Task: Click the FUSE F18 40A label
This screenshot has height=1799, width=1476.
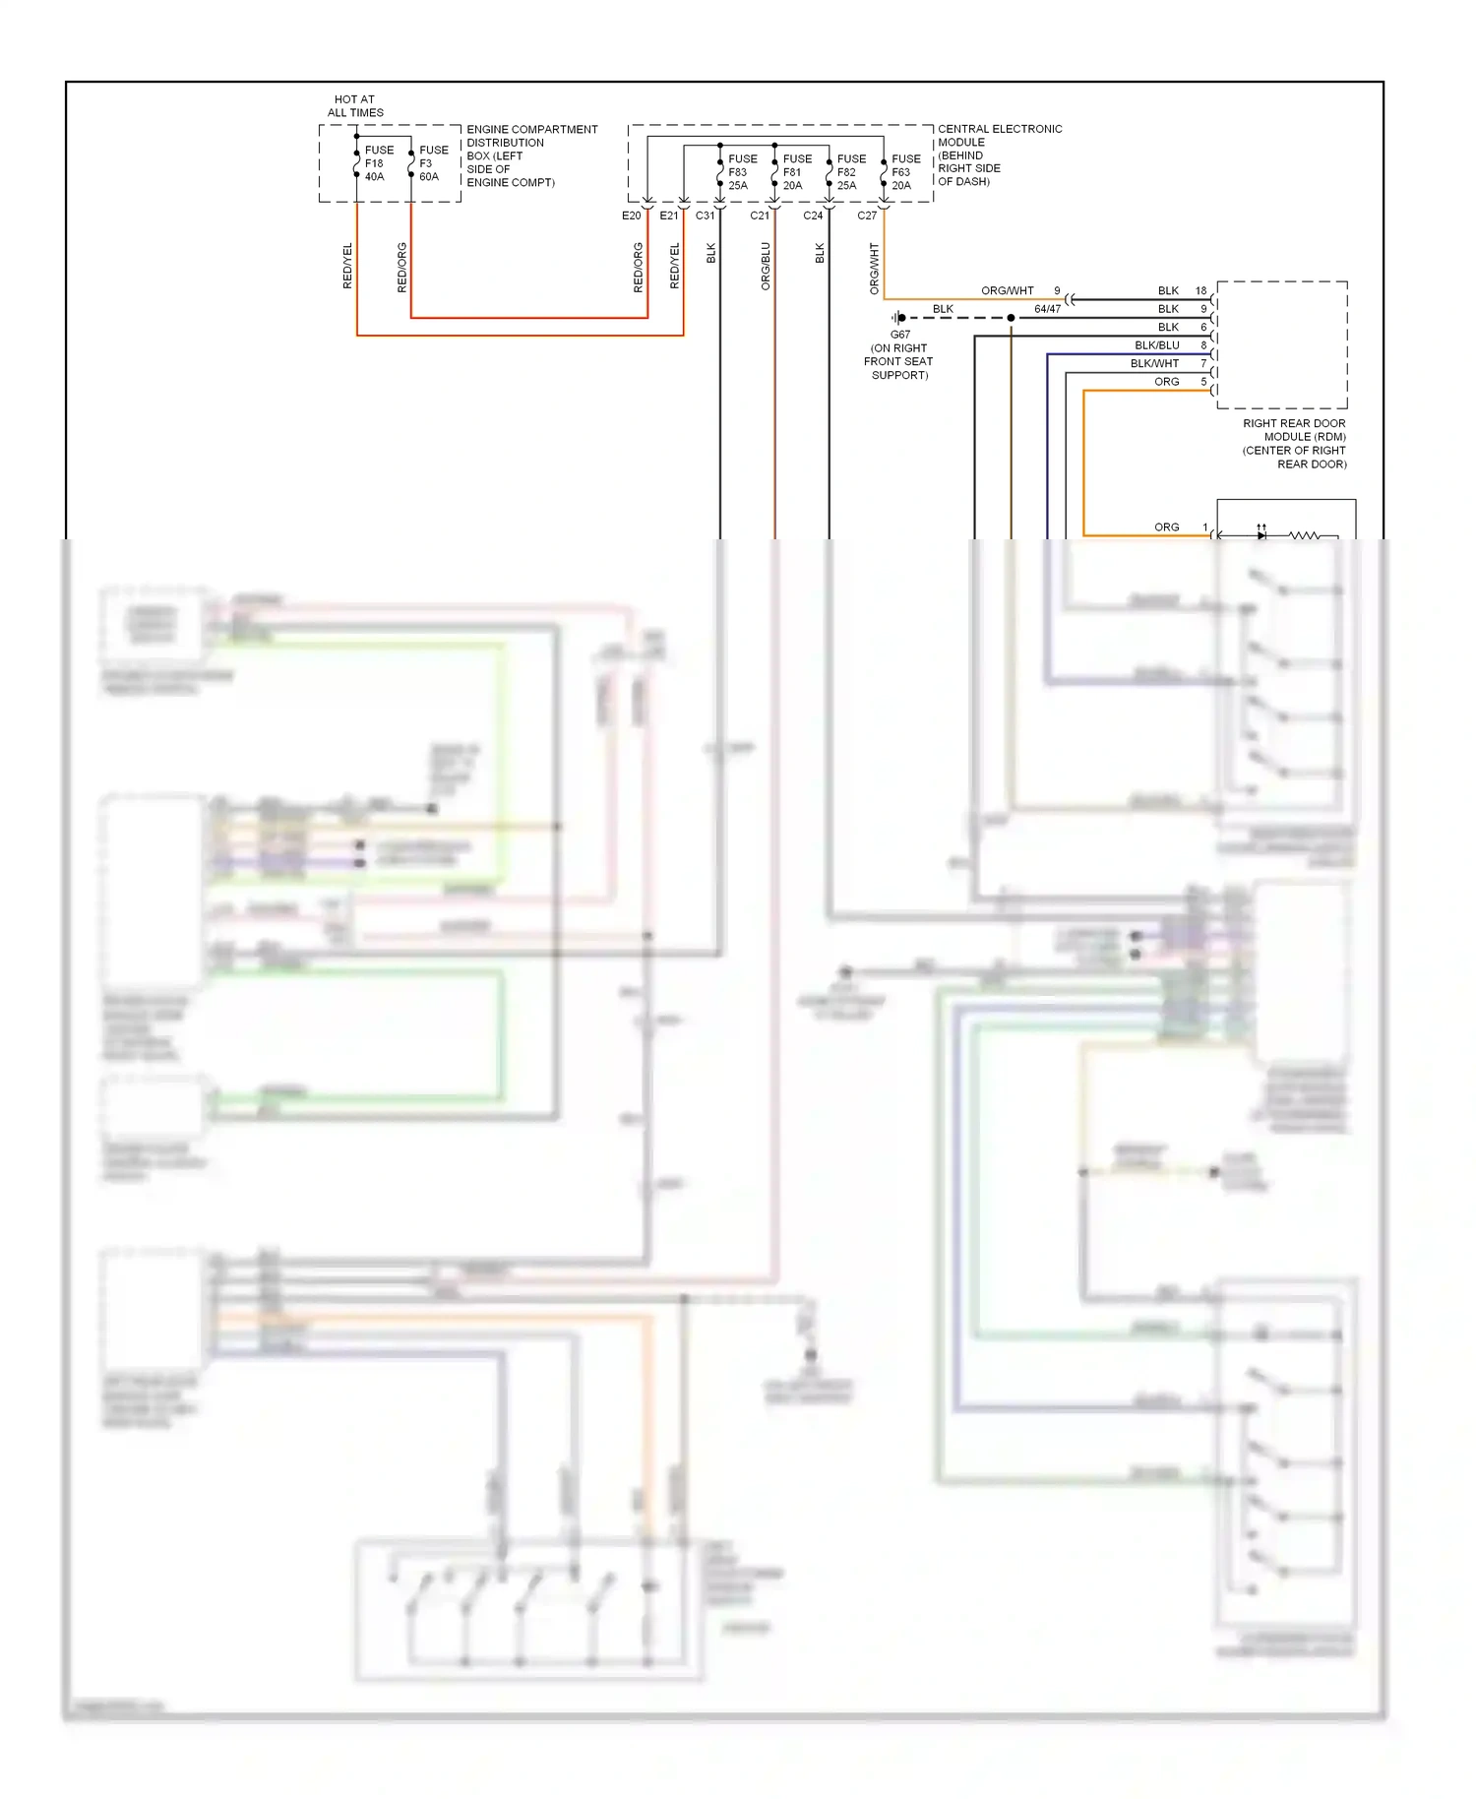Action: pyautogui.click(x=378, y=163)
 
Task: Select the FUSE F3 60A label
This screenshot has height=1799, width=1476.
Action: pyautogui.click(x=432, y=163)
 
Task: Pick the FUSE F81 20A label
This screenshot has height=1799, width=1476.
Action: pyautogui.click(x=796, y=172)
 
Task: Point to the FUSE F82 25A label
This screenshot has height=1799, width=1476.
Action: pyautogui.click(x=850, y=172)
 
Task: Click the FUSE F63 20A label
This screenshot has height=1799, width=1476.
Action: pyautogui.click(x=904, y=172)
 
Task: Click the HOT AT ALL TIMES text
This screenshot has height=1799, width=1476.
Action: pyautogui.click(x=355, y=106)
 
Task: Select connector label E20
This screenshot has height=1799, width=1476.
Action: pyautogui.click(x=631, y=216)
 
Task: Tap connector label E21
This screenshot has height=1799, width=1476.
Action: pyautogui.click(x=668, y=216)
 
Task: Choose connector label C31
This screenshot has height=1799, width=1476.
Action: pyautogui.click(x=705, y=216)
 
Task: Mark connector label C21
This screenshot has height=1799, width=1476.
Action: pyautogui.click(x=759, y=216)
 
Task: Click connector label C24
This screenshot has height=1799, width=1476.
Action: pyautogui.click(x=813, y=216)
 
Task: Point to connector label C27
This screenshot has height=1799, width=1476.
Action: pyautogui.click(x=866, y=216)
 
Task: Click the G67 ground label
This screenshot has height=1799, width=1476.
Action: pyautogui.click(x=899, y=335)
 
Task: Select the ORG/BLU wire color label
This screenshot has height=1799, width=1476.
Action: pyautogui.click(x=766, y=266)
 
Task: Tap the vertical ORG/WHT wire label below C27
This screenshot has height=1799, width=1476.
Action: pyautogui.click(x=874, y=269)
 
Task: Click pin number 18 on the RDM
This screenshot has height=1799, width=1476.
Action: pyautogui.click(x=1200, y=290)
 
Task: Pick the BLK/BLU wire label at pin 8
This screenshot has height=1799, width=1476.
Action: pyautogui.click(x=1156, y=345)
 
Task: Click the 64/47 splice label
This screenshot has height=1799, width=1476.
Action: pyautogui.click(x=1047, y=309)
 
